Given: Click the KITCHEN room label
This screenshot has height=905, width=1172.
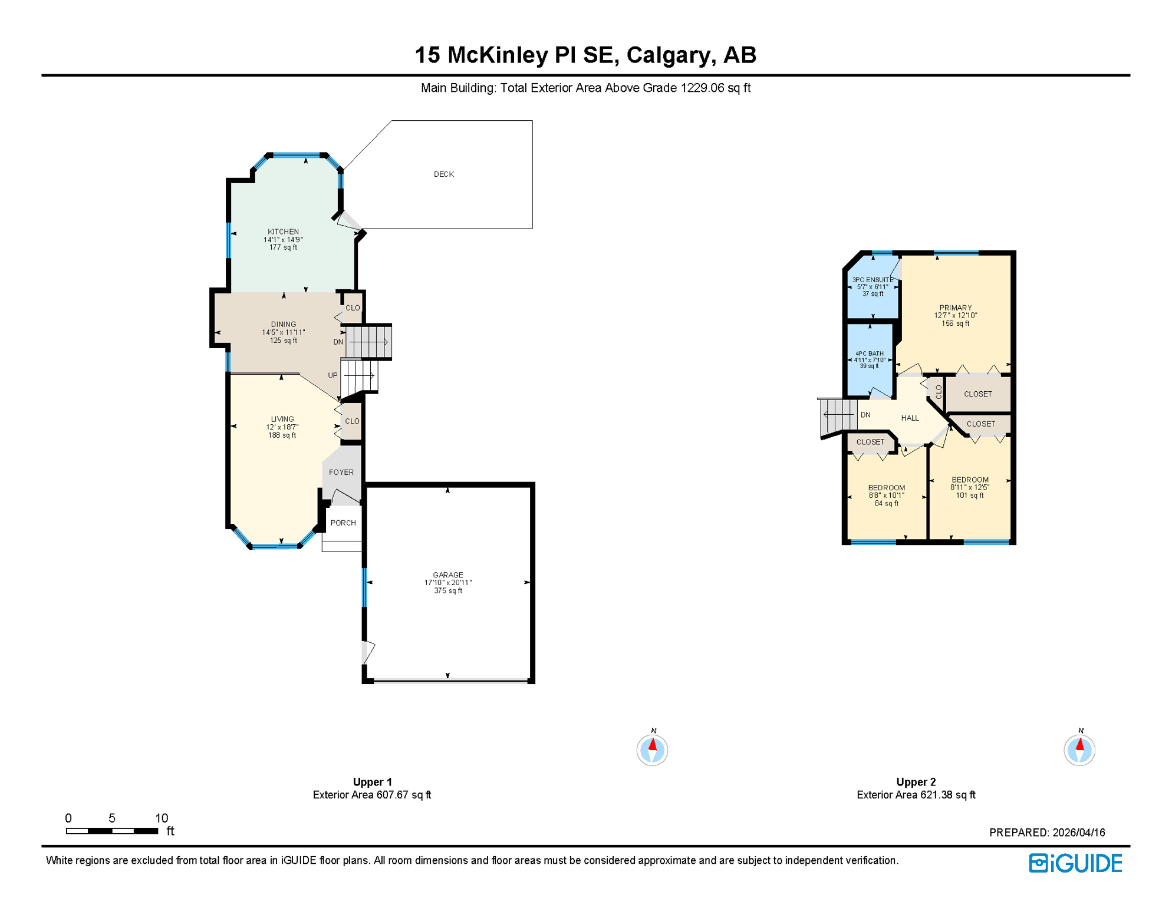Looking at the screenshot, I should coord(283,232).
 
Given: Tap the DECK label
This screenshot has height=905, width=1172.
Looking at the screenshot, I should coord(443,174).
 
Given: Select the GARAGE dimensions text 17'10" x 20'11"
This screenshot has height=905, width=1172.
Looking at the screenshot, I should coord(448,583).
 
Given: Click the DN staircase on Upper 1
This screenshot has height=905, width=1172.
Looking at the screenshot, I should coord(368,342).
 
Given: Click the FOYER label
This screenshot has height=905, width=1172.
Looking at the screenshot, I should coord(341,472).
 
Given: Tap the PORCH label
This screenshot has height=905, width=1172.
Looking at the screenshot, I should coord(343,523).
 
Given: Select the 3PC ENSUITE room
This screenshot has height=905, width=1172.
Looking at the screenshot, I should coord(873,286).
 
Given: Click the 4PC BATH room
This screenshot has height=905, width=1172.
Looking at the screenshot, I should coord(869,359).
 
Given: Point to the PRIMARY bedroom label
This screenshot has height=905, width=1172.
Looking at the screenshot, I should coord(955,308).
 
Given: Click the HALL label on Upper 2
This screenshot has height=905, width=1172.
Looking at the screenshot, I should coord(910,418).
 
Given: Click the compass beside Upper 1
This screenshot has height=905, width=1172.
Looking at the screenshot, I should coord(652,750).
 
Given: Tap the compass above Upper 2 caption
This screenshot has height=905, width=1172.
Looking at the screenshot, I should coord(1079,750).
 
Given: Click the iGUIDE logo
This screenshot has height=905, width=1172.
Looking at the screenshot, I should coord(1075,863).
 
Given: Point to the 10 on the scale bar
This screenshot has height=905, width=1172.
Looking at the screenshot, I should coord(162,818).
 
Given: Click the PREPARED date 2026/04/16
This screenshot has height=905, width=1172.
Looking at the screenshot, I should coord(1078,833).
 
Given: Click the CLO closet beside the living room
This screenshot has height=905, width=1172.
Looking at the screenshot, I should coord(352,421).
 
